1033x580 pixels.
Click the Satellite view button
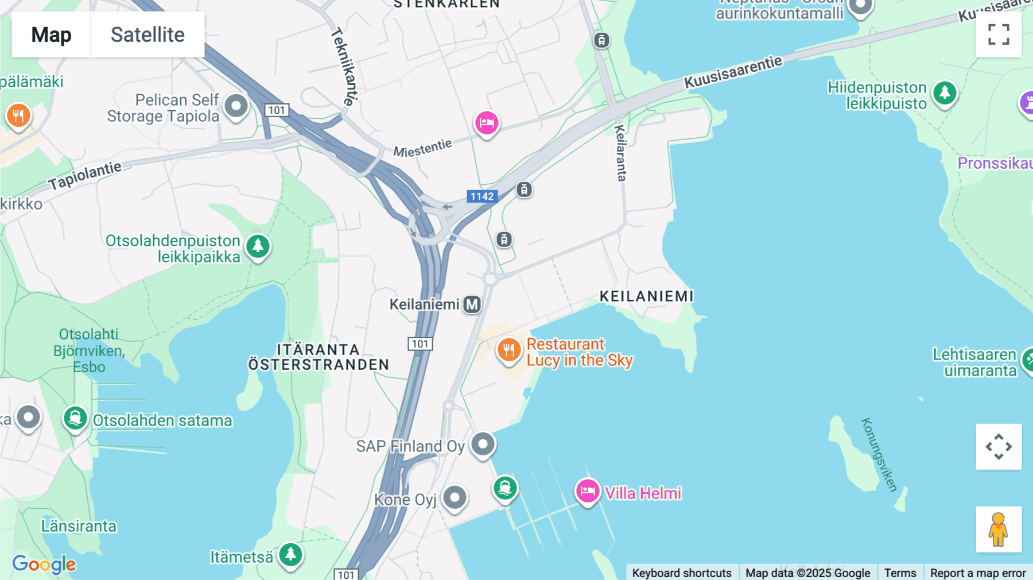tap(147, 34)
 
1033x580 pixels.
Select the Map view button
tap(51, 34)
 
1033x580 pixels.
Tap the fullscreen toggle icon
tap(999, 34)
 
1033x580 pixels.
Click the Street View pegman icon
tap(999, 529)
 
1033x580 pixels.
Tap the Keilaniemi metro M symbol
tap(472, 304)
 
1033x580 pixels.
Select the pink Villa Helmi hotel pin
tap(588, 492)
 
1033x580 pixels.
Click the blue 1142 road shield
tap(482, 196)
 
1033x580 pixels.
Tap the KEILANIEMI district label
tap(647, 296)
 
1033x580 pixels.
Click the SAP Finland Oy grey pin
tap(483, 444)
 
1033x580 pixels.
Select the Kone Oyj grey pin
tap(455, 497)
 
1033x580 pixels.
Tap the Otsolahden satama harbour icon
tap(75, 419)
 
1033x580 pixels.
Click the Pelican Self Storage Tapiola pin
tap(236, 106)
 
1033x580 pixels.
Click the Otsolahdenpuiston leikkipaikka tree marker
tap(258, 247)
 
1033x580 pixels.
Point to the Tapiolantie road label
tap(85, 175)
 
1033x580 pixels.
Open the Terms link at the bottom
tap(900, 573)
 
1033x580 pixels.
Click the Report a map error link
tap(977, 573)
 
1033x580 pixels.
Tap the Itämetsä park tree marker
tap(291, 555)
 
